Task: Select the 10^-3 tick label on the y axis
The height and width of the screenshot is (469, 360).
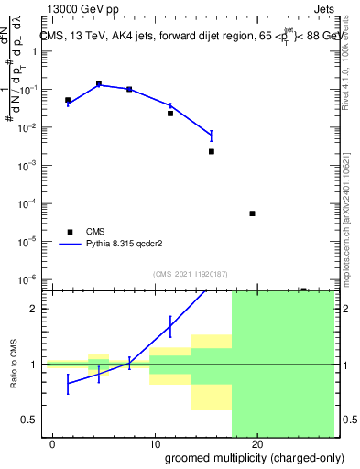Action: [x=30, y=166]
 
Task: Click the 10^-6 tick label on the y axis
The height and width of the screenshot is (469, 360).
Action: [x=30, y=279]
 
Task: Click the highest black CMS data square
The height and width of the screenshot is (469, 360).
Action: [x=99, y=83]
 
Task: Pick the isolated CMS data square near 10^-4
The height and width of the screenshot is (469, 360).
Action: [x=252, y=213]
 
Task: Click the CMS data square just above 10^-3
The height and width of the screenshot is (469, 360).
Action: [x=212, y=151]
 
